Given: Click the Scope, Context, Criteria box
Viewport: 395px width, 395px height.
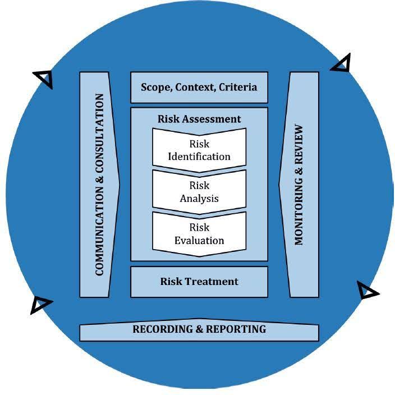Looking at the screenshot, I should point(199,87).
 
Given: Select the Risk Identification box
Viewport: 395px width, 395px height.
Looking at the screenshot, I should point(199,150).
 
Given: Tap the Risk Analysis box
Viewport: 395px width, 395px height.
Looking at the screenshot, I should point(199,192).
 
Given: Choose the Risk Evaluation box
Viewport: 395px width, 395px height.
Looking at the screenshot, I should point(199,234).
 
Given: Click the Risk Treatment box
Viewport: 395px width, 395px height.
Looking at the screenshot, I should point(199,282).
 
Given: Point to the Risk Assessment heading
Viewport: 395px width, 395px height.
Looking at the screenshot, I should point(199,119).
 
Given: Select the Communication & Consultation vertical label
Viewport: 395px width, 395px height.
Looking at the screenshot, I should point(99,185).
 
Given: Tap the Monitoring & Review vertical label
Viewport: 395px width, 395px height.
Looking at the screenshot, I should point(298,185).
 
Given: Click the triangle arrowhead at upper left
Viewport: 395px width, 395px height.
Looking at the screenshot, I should point(44,78).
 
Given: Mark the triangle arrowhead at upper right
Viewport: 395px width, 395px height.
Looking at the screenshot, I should point(342,64).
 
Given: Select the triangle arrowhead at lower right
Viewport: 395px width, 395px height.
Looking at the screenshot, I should point(367,291).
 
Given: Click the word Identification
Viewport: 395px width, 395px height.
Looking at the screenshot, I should point(199,157).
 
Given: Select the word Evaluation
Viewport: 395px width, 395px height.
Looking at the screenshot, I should point(199,241).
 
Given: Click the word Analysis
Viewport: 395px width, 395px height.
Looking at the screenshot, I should point(199,199).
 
